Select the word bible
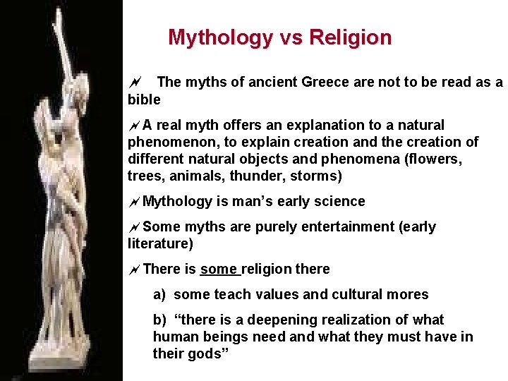[x=144, y=99]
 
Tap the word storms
[x=317, y=176]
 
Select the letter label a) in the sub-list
[x=159, y=295]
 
